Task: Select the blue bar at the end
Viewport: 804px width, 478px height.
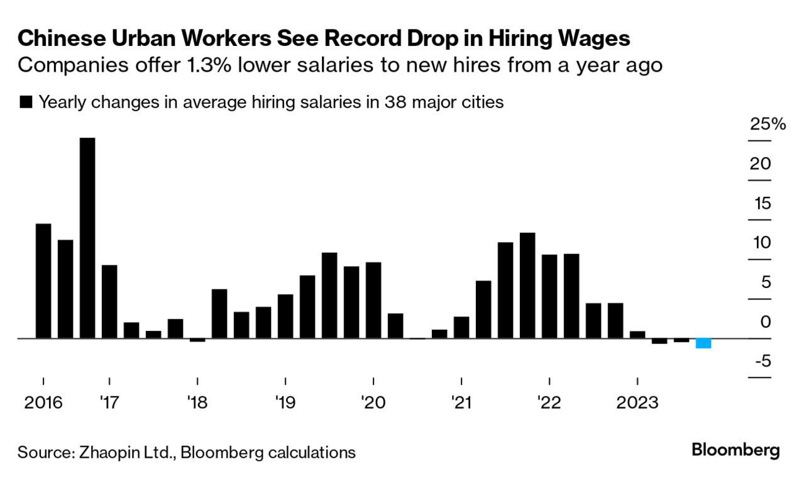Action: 703,343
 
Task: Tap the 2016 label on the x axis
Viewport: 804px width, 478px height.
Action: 43,403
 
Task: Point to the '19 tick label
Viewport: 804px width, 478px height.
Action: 285,403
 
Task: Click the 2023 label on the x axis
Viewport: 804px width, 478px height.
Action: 637,403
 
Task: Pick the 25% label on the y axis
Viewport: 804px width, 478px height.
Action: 768,125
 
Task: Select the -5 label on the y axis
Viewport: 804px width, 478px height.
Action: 763,362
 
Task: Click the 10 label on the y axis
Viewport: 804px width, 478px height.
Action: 762,243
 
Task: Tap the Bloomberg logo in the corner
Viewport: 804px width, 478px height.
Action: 735,450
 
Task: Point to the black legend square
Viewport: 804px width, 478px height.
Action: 26,103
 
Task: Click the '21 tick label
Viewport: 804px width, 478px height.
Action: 461,403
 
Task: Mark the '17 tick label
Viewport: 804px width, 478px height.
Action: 109,403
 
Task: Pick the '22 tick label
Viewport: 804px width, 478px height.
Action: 549,403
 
